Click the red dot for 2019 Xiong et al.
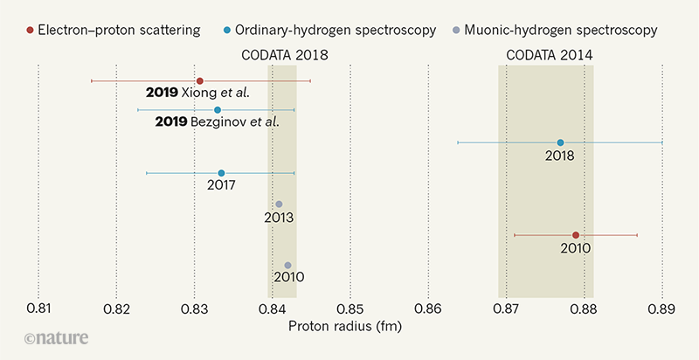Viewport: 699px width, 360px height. [199, 80]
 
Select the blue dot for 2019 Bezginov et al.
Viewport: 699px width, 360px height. [218, 110]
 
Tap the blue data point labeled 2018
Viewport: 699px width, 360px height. [560, 142]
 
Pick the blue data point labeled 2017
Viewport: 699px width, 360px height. [221, 173]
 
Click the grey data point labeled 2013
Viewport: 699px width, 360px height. [279, 204]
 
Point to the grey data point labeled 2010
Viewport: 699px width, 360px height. [287, 266]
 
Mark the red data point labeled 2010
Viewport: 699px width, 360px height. [576, 235]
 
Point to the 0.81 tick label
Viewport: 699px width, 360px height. [38, 308]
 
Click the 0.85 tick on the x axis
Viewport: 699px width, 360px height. [349, 308]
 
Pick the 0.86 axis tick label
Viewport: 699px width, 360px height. [427, 308]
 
